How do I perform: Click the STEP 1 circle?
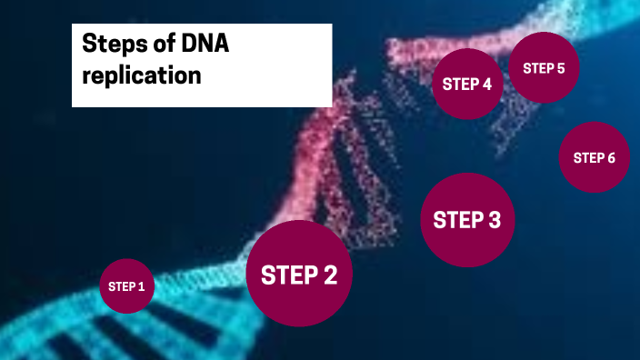pos(126,286)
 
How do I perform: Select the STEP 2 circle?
pos(299,274)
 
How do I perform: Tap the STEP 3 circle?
pos(467,220)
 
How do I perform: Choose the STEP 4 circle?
pos(467,85)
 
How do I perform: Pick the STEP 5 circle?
pos(544,68)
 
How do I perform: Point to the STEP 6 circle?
pos(594,158)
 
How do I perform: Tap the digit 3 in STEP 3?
pos(493,221)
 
